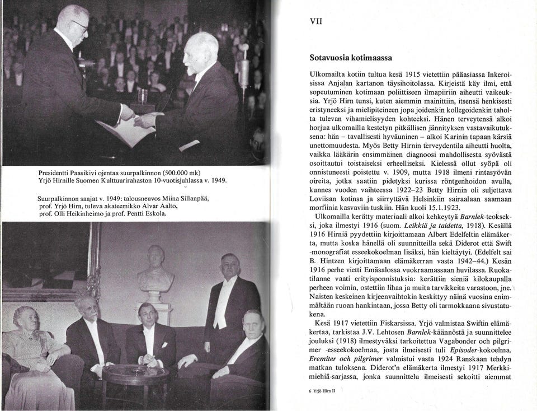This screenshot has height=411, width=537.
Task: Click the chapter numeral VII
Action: tap(316, 22)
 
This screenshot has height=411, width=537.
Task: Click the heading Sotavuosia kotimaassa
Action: tap(351, 58)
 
